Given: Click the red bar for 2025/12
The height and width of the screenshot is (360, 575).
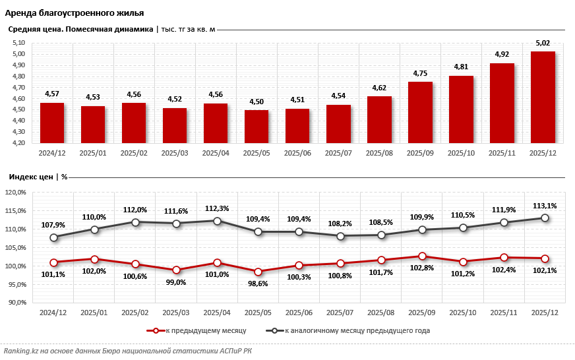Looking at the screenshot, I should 543,97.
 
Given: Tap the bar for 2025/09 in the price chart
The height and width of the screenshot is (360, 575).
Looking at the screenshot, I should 420,112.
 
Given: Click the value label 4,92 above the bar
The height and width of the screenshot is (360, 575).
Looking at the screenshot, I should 502,55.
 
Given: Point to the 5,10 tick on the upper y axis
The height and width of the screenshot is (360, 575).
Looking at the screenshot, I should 18,43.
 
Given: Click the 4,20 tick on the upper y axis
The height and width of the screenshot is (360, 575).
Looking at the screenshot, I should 18,142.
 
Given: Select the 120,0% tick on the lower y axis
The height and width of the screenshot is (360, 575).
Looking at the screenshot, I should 15,193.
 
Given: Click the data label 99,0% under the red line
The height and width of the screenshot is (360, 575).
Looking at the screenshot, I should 176,282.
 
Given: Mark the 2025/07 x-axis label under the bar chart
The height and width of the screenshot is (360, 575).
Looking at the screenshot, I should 338,153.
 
